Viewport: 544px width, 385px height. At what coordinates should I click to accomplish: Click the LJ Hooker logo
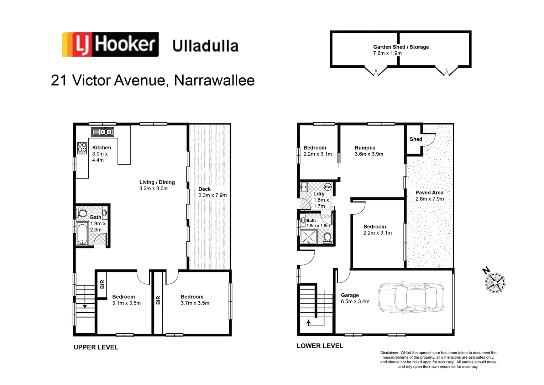point(110,45)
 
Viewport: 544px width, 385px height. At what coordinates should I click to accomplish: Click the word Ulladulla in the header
point(205,46)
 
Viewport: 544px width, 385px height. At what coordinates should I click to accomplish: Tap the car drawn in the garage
point(410,299)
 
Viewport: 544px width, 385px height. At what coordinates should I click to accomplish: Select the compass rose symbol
point(495,282)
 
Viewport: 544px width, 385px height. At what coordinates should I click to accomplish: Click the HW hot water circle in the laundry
point(328,187)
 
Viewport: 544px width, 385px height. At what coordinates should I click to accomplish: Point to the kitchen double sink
point(103,132)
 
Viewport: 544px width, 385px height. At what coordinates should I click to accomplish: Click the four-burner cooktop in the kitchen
point(82,148)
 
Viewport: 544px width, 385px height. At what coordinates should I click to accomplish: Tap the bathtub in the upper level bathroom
point(82,234)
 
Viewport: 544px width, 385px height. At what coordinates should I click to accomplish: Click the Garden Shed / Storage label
point(401,47)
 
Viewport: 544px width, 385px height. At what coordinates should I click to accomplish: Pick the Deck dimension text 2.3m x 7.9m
point(213,195)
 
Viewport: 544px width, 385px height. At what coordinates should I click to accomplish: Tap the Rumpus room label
point(365,148)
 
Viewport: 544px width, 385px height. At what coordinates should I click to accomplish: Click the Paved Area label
point(429,192)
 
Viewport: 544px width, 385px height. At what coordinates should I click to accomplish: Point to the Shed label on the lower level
point(416,139)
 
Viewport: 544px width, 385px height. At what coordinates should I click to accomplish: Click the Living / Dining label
point(157,182)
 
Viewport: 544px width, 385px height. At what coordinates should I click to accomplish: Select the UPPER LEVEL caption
point(96,347)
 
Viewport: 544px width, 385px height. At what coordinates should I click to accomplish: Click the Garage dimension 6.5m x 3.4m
point(355,302)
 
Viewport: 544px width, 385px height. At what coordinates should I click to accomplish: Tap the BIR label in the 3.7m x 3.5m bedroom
point(158,300)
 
